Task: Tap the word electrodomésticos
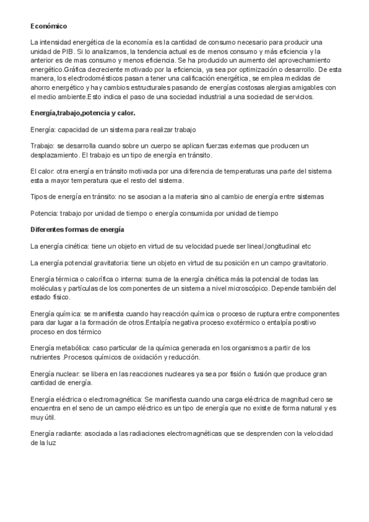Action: (x=98, y=79)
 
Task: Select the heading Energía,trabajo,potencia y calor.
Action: (x=83, y=113)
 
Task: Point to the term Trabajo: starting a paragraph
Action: (x=42, y=145)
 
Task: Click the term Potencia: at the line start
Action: (x=43, y=213)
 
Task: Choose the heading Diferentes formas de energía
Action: (x=77, y=229)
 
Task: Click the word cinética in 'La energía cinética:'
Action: (x=75, y=246)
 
